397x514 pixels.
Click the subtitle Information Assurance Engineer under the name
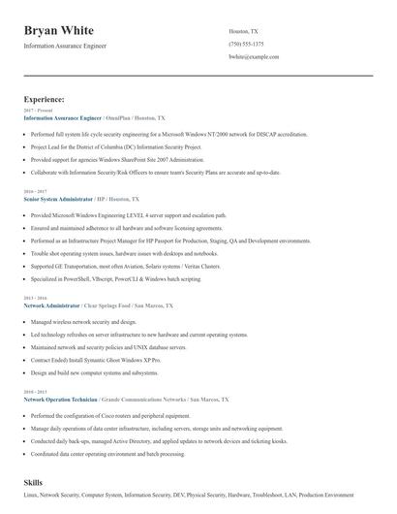click(65, 46)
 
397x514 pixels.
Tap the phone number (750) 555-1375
click(247, 45)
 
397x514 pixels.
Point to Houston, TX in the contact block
click(243, 31)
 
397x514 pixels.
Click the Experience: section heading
click(45, 99)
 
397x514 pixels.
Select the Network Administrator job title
click(52, 305)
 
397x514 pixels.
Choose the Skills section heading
click(33, 481)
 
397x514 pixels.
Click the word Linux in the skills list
click(31, 496)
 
